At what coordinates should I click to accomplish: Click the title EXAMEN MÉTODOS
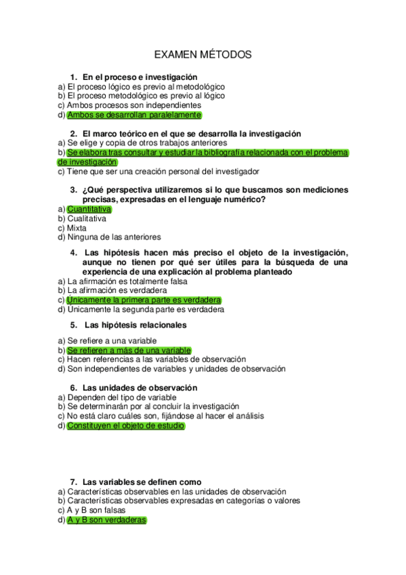(x=203, y=54)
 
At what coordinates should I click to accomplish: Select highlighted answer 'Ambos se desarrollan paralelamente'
(x=125, y=115)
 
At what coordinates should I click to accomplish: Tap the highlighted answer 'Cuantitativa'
(x=89, y=210)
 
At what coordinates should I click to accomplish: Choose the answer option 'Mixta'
(x=77, y=229)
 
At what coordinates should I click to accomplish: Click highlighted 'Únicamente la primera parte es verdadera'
(x=144, y=300)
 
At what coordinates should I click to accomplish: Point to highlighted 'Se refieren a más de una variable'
(x=129, y=350)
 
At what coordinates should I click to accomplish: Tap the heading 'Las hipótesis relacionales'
(x=135, y=325)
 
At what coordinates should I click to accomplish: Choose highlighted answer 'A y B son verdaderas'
(x=106, y=520)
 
